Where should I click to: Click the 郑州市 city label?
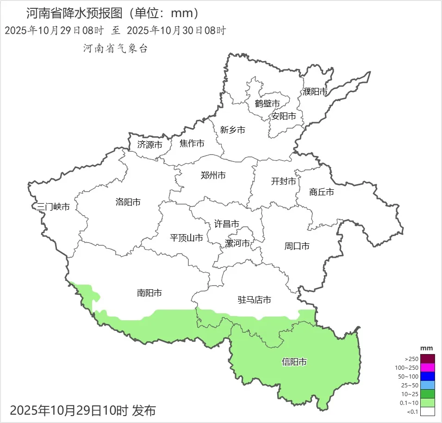213,175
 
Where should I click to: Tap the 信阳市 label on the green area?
294,361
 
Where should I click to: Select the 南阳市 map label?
149,293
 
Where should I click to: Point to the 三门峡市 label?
53,206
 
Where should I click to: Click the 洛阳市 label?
128,202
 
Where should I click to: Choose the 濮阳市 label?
315,92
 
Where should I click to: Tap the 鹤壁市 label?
268,103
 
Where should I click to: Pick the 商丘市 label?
322,192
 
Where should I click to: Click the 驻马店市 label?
255,300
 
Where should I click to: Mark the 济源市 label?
150,144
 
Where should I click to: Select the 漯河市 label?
237,243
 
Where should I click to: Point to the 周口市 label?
297,246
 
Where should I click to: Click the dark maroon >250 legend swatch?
428,359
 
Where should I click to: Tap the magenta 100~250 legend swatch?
428,367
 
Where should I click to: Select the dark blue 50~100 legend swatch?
428,376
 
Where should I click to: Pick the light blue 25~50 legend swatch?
428,385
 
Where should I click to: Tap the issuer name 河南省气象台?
115,48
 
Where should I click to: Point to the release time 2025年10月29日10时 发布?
83,410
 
